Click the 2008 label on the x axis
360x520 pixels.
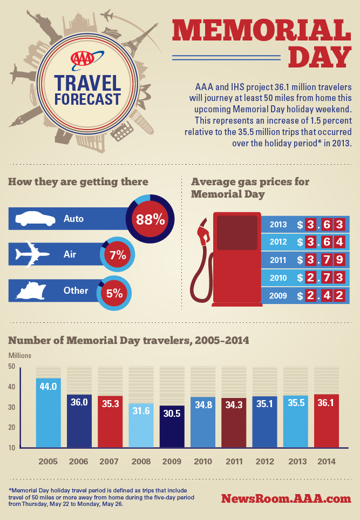141,462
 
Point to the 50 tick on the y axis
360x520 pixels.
11,367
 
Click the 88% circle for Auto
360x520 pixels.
150,219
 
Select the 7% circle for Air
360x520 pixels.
118,255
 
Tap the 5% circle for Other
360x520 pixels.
114,294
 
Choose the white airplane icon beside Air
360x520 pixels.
31,254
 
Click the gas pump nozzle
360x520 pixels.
203,233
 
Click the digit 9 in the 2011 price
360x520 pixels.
339,260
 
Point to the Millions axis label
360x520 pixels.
19,355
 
